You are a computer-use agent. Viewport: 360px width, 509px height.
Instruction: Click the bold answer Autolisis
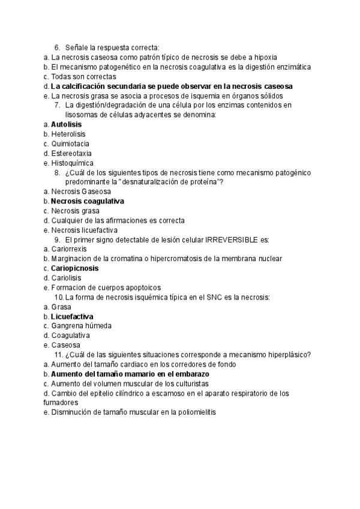point(67,124)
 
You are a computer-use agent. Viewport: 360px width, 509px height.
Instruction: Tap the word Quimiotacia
point(70,143)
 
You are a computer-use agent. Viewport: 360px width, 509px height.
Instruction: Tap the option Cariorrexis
point(70,249)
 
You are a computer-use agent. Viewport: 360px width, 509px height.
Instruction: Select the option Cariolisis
point(66,278)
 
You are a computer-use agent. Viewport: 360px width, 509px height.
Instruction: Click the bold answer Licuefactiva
point(72,316)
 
